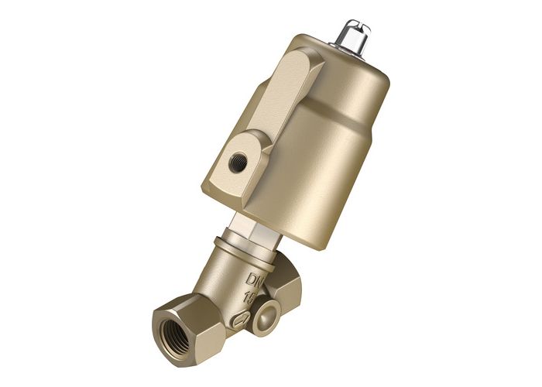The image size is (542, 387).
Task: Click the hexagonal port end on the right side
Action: (x=290, y=286)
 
